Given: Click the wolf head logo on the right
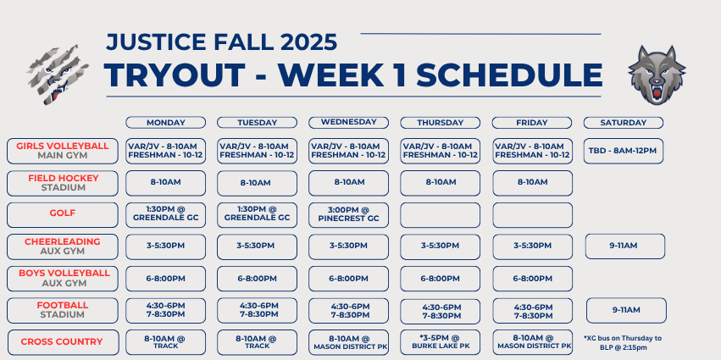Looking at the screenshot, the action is point(657,75).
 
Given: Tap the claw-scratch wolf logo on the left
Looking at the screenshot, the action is point(58,75).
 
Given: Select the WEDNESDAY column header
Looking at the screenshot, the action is point(348,122).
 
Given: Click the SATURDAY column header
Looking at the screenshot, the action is point(623,123).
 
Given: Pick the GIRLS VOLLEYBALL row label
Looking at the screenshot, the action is point(63,151).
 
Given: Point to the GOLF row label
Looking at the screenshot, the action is point(63,214).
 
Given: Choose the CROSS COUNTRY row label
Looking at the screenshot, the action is point(63,342).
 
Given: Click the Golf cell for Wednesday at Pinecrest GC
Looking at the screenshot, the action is point(348,214).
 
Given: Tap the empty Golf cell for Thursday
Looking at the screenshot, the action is point(440,214).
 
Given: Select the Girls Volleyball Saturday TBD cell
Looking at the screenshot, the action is point(623,151).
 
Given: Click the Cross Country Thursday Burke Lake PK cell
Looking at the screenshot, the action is point(440,342).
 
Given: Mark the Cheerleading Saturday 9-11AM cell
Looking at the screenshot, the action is point(625,246).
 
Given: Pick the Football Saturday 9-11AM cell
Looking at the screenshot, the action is point(626,310).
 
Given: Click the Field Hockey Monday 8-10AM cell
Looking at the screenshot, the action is point(165,183).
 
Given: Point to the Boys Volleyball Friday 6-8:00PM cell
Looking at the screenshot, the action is point(532,279).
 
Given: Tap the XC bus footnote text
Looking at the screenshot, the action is point(623,343).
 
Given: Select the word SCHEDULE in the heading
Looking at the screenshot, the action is point(509,75).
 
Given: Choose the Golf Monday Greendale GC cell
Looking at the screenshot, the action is point(165,214).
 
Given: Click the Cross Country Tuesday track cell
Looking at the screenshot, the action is point(257,342).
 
